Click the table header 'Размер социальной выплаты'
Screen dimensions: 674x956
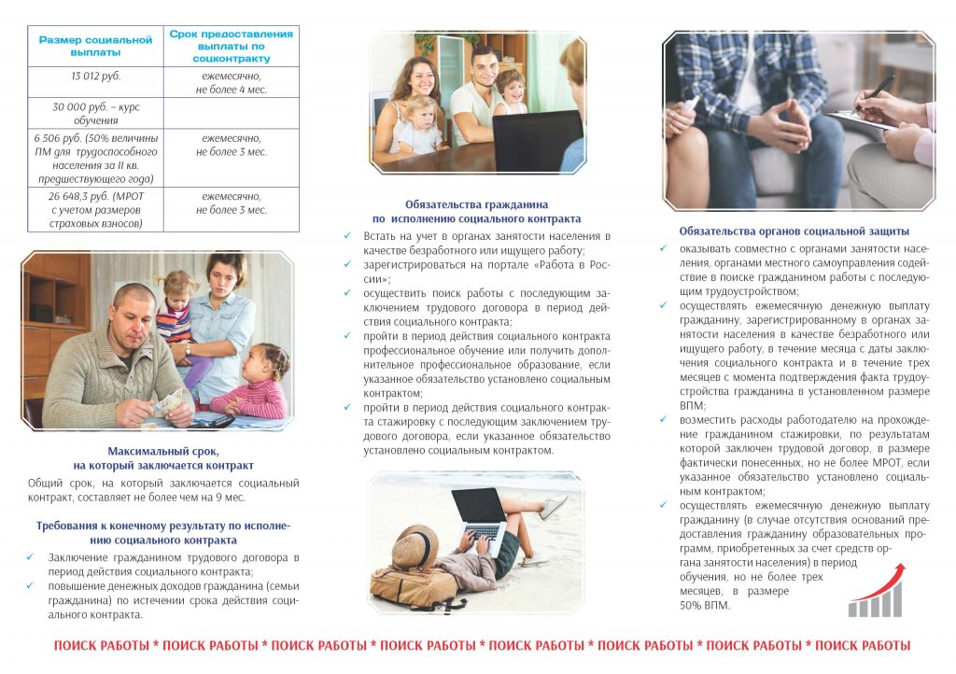(x=95, y=46)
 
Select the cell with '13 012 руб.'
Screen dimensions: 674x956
(x=95, y=76)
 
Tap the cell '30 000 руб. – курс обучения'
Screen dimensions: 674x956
(x=95, y=114)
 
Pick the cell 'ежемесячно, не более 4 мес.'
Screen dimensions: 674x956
(x=231, y=82)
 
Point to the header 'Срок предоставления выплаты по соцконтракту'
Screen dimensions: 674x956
(x=231, y=46)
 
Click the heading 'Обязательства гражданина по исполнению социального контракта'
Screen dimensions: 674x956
(x=476, y=211)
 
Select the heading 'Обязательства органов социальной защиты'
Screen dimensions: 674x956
(x=794, y=232)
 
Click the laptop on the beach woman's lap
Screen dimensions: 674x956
(x=481, y=518)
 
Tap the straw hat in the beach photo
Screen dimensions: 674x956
(x=416, y=545)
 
